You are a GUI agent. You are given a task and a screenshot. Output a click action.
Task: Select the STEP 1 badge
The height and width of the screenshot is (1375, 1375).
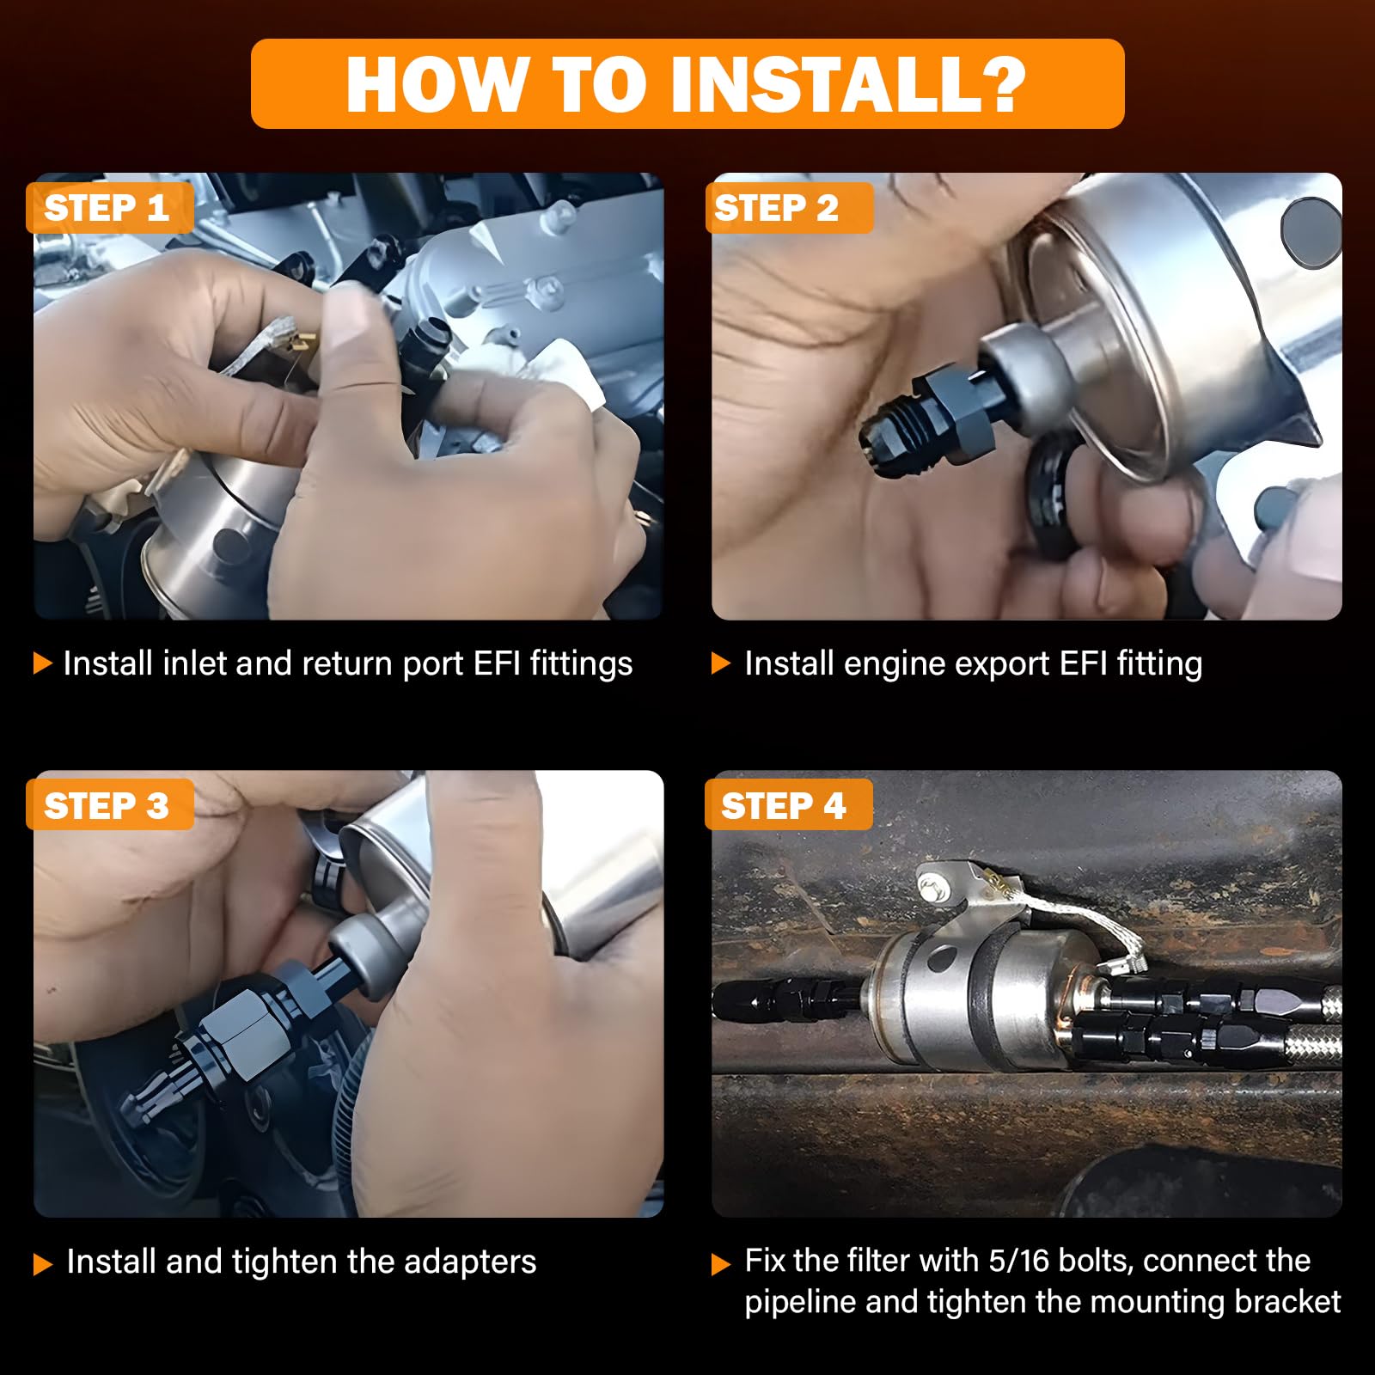click(109, 208)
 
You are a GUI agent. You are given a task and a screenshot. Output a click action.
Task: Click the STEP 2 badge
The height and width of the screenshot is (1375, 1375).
click(789, 208)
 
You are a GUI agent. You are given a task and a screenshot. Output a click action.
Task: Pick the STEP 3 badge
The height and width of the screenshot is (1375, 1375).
click(109, 805)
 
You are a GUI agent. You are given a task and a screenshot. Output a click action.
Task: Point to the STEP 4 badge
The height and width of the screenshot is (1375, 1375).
click(788, 805)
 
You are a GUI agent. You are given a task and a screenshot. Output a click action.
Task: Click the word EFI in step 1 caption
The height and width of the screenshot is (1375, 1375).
click(498, 663)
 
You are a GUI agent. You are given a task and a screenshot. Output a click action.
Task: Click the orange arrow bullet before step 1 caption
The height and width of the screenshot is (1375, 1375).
click(42, 663)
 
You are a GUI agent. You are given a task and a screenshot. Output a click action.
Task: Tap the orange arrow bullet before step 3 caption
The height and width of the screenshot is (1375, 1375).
click(42, 1264)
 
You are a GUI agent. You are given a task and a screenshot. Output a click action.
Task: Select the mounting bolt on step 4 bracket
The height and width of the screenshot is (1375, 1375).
click(931, 889)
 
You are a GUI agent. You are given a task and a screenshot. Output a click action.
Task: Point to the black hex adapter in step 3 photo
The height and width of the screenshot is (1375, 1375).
click(232, 1036)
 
